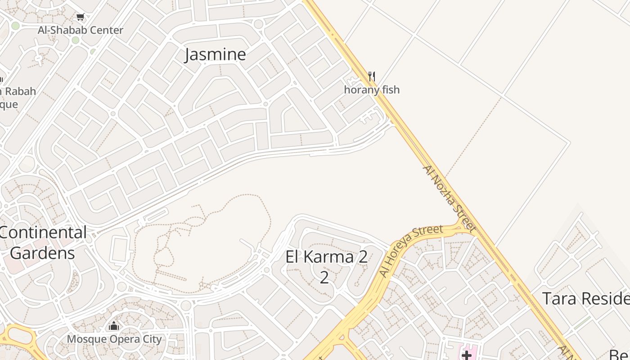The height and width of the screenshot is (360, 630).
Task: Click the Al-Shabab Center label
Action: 81,30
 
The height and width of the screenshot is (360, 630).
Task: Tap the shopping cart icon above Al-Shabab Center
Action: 80,17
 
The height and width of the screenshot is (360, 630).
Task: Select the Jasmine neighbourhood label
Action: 216,54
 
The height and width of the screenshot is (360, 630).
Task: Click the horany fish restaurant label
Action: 372,90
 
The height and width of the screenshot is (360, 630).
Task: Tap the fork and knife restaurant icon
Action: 372,76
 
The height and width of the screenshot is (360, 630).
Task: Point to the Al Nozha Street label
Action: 449,198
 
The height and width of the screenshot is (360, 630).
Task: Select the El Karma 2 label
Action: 326,257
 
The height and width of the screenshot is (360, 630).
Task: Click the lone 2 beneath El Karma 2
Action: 324,277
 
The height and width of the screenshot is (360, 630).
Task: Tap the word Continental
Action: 43,233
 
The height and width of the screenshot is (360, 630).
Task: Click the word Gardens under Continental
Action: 42,253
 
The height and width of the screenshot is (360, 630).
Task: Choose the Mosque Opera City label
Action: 114,339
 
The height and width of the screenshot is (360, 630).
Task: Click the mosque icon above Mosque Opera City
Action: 114,326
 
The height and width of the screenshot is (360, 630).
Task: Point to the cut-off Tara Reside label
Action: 585,298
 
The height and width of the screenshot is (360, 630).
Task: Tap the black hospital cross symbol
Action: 467,355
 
